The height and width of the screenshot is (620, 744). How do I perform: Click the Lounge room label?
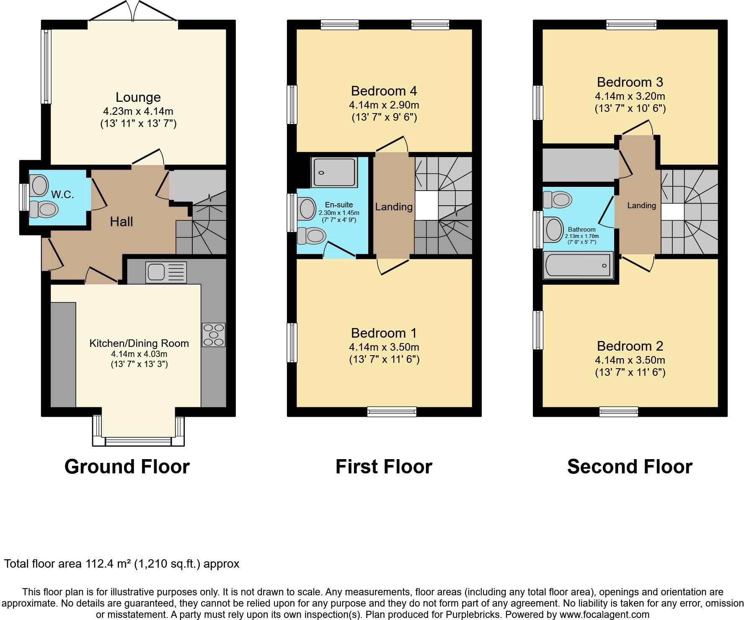tap(138, 97)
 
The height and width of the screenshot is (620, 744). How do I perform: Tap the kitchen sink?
tap(166, 272)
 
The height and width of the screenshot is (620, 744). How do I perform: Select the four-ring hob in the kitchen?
tap(214, 335)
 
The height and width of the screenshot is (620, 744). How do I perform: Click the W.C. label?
tap(62, 194)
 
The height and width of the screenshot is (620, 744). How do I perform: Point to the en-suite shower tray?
tap(334, 172)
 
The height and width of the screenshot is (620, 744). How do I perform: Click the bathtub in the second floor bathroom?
tap(578, 265)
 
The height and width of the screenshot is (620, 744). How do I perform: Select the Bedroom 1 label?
tap(384, 333)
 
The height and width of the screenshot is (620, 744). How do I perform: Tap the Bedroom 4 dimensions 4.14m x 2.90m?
tap(384, 105)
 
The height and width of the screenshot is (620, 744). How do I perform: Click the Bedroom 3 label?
tap(630, 82)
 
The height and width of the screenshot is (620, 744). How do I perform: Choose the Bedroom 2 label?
tap(630, 346)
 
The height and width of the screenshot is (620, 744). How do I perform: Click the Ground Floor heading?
tap(127, 467)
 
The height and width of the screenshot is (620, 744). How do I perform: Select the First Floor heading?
tap(384, 467)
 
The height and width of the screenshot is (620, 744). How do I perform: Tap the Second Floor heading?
tap(630, 467)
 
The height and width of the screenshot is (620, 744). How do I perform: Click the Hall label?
tap(121, 222)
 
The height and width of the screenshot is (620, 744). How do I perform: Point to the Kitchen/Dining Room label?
tap(139, 344)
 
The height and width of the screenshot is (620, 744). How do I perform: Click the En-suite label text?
tap(339, 205)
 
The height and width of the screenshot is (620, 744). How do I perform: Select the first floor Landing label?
tap(394, 207)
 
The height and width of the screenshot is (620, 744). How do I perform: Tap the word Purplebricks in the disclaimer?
tap(475, 615)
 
